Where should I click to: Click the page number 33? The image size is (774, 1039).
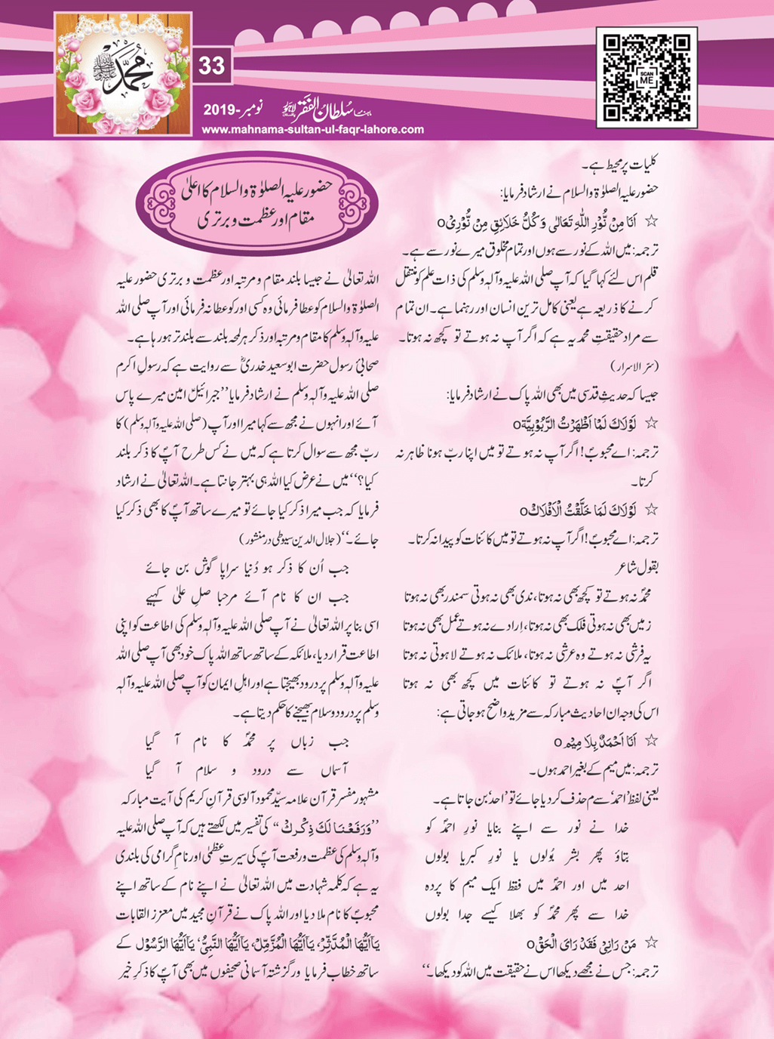212,66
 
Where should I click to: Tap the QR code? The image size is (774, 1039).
647,77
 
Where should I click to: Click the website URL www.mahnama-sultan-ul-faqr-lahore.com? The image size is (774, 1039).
313,129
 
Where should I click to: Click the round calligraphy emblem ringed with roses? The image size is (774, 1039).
123,77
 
